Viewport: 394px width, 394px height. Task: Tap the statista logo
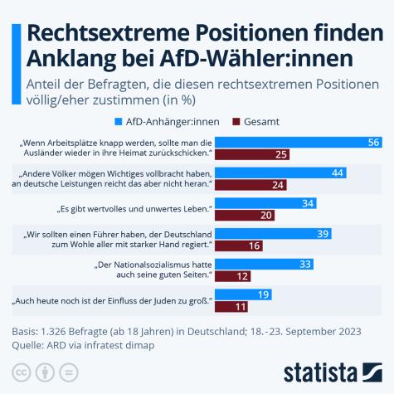[332, 371]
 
